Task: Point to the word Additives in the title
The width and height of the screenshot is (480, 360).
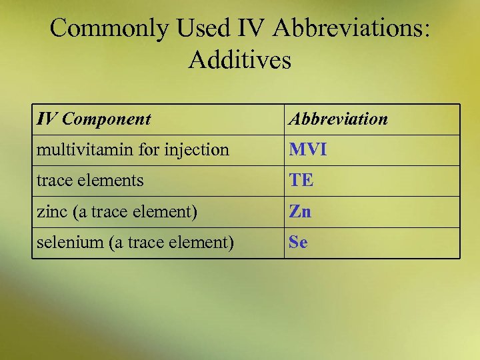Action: [x=240, y=60]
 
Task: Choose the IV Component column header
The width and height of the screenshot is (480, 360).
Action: [x=94, y=119]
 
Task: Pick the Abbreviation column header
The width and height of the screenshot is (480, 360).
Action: [x=338, y=119]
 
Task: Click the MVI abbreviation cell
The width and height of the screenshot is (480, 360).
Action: [x=307, y=150]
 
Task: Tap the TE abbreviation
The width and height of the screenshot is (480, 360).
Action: [x=301, y=181]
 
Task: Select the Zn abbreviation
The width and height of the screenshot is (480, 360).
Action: [x=300, y=212]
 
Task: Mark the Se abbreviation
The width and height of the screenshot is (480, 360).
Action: [x=298, y=243]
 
